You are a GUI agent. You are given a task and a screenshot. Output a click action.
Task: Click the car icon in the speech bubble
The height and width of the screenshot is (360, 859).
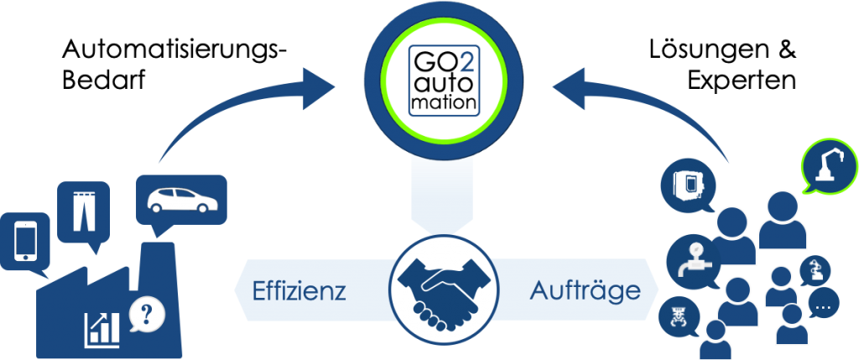pyautogui.click(x=180, y=198)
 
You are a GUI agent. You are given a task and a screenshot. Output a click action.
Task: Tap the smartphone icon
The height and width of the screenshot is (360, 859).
pyautogui.click(x=24, y=240)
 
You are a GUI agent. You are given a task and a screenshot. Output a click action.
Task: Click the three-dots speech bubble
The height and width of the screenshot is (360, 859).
pyautogui.click(x=823, y=305)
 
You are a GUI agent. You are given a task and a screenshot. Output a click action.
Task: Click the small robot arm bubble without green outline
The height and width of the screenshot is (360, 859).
pyautogui.click(x=813, y=270)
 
